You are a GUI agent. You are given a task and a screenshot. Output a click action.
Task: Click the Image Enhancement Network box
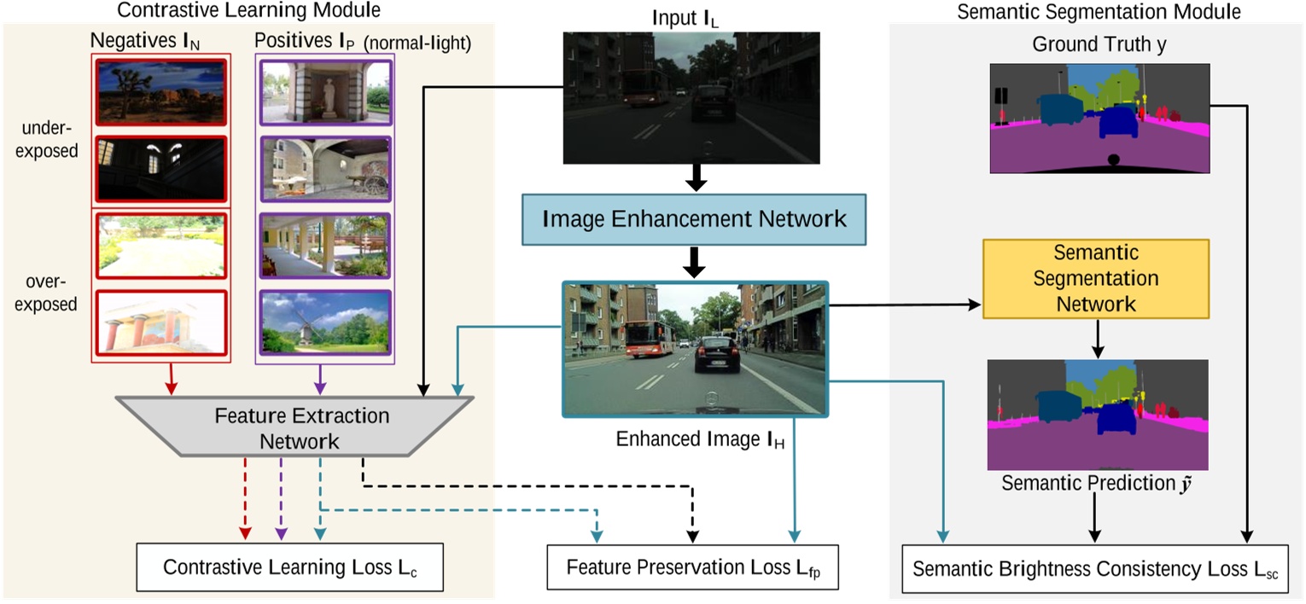tap(695, 218)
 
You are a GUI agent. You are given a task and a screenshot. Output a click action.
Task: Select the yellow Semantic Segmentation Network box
tap(1095, 278)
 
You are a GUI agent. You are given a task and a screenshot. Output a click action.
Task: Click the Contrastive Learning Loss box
tap(290, 567)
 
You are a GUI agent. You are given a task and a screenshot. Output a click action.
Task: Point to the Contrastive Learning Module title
tap(248, 11)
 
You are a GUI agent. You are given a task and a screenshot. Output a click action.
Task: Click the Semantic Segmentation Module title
tap(1099, 12)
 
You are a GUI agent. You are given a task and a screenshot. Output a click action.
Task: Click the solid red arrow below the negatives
tap(172, 379)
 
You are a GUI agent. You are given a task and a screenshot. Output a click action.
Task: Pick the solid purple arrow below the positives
tap(320, 379)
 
